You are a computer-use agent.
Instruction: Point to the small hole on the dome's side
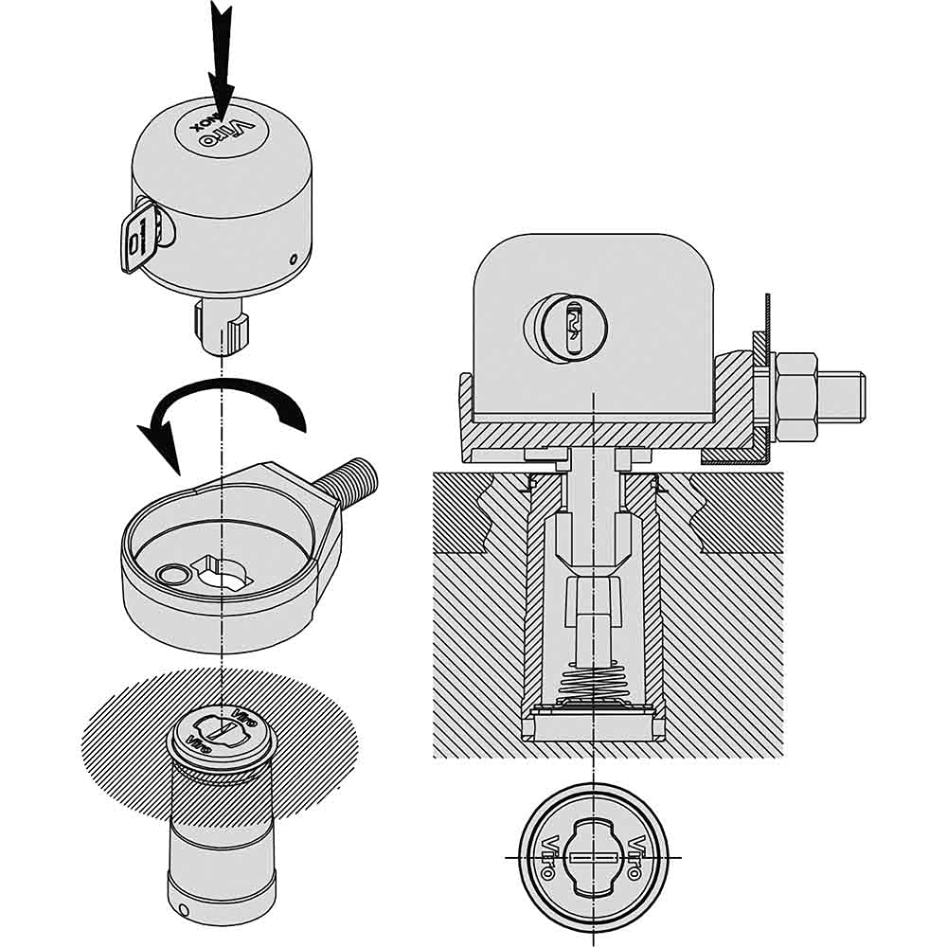click(295, 259)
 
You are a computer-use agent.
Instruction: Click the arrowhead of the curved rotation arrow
click(158, 446)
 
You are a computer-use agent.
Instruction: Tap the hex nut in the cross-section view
click(795, 396)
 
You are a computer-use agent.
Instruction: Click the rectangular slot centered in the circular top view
click(594, 857)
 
